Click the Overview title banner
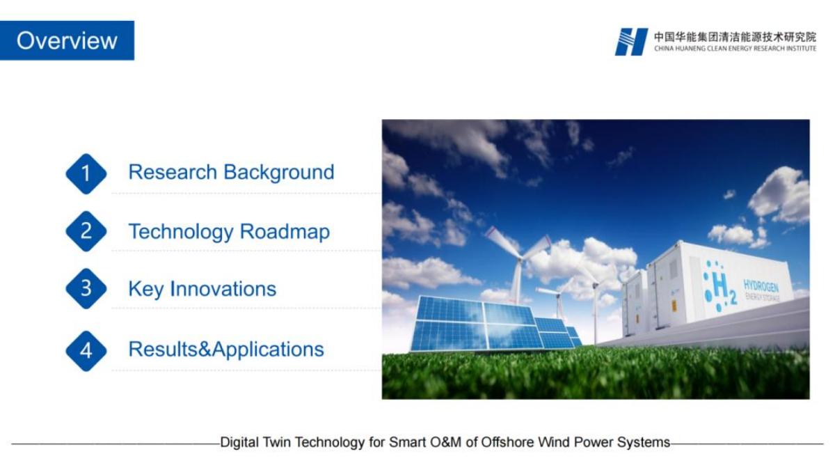(67, 40)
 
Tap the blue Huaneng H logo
(631, 42)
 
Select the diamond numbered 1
(86, 174)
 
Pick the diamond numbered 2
(86, 231)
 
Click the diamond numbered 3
(86, 289)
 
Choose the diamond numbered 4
(86, 351)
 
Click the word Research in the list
(173, 172)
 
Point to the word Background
(279, 173)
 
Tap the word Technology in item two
(181, 232)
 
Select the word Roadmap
(285, 232)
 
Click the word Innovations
(223, 289)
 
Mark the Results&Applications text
(226, 350)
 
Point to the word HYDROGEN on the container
(761, 286)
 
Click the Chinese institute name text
(735, 37)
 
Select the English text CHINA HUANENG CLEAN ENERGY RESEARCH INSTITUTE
(735, 49)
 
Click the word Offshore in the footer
(502, 442)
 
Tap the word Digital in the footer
(239, 443)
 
